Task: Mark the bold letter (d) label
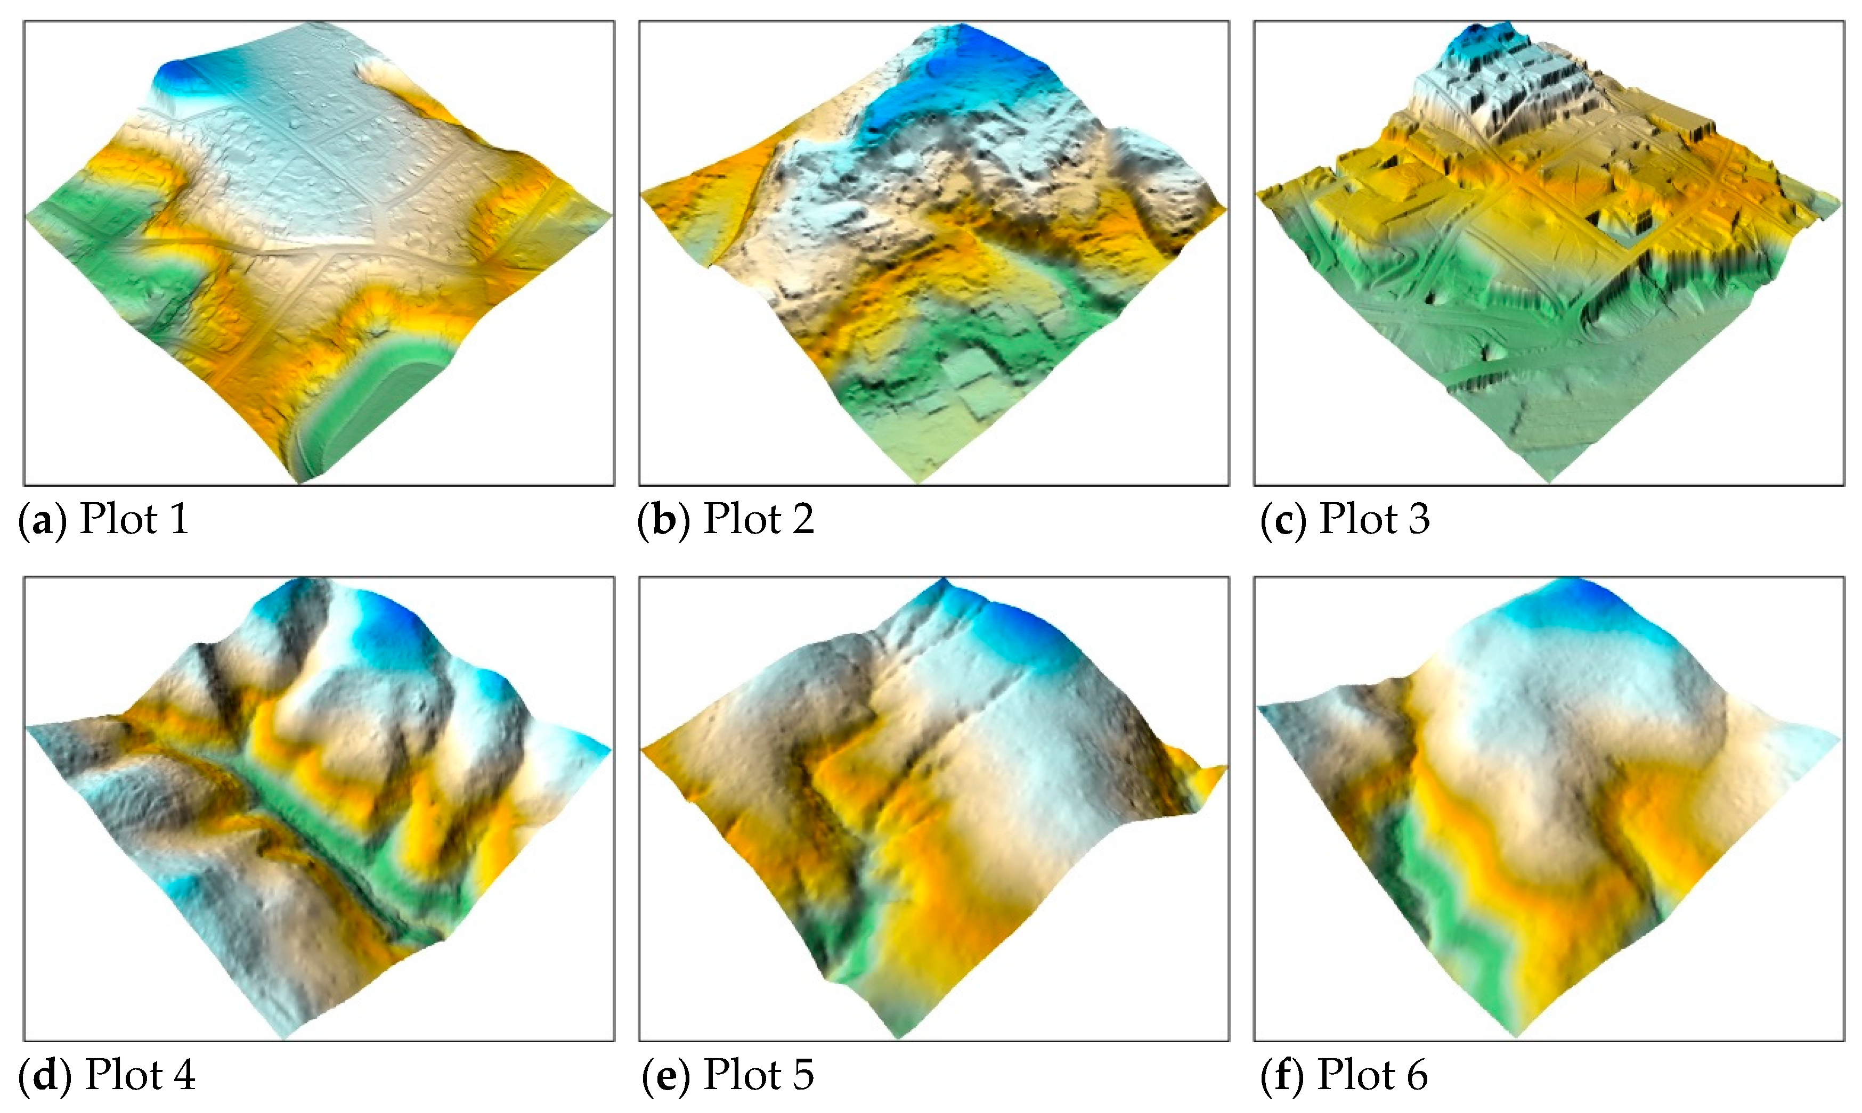pyautogui.click(x=45, y=1076)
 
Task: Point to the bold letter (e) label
pyautogui.click(x=665, y=1076)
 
